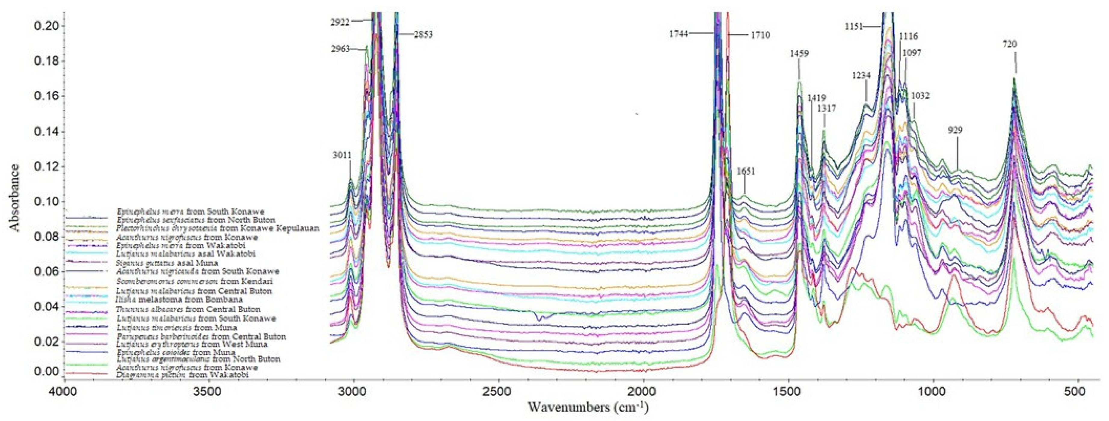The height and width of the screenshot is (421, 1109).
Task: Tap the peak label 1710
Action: tap(760, 35)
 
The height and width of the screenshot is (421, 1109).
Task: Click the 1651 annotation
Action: tap(746, 171)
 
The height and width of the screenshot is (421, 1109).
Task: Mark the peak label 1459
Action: tap(799, 54)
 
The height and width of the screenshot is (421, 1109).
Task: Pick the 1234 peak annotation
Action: tap(861, 76)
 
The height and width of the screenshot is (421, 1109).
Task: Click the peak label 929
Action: tap(955, 130)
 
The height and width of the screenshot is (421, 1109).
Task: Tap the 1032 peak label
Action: tap(920, 96)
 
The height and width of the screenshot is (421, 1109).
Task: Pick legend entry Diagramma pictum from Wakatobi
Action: tap(183, 375)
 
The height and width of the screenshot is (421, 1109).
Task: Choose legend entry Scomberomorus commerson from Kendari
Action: tap(195, 281)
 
